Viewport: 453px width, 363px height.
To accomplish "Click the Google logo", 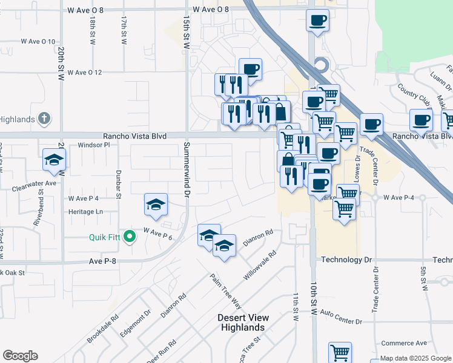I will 20,356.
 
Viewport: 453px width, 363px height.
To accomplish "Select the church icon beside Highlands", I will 44,119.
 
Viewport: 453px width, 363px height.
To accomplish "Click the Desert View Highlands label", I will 243,322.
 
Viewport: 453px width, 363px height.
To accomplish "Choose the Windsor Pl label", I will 94,145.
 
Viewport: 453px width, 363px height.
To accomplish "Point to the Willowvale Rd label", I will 259,266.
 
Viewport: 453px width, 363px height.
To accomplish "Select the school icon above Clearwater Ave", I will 54,160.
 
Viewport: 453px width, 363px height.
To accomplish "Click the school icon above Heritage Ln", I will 156,205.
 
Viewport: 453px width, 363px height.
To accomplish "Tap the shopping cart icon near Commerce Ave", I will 340,352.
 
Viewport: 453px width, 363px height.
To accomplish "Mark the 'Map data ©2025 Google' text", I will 411,358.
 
